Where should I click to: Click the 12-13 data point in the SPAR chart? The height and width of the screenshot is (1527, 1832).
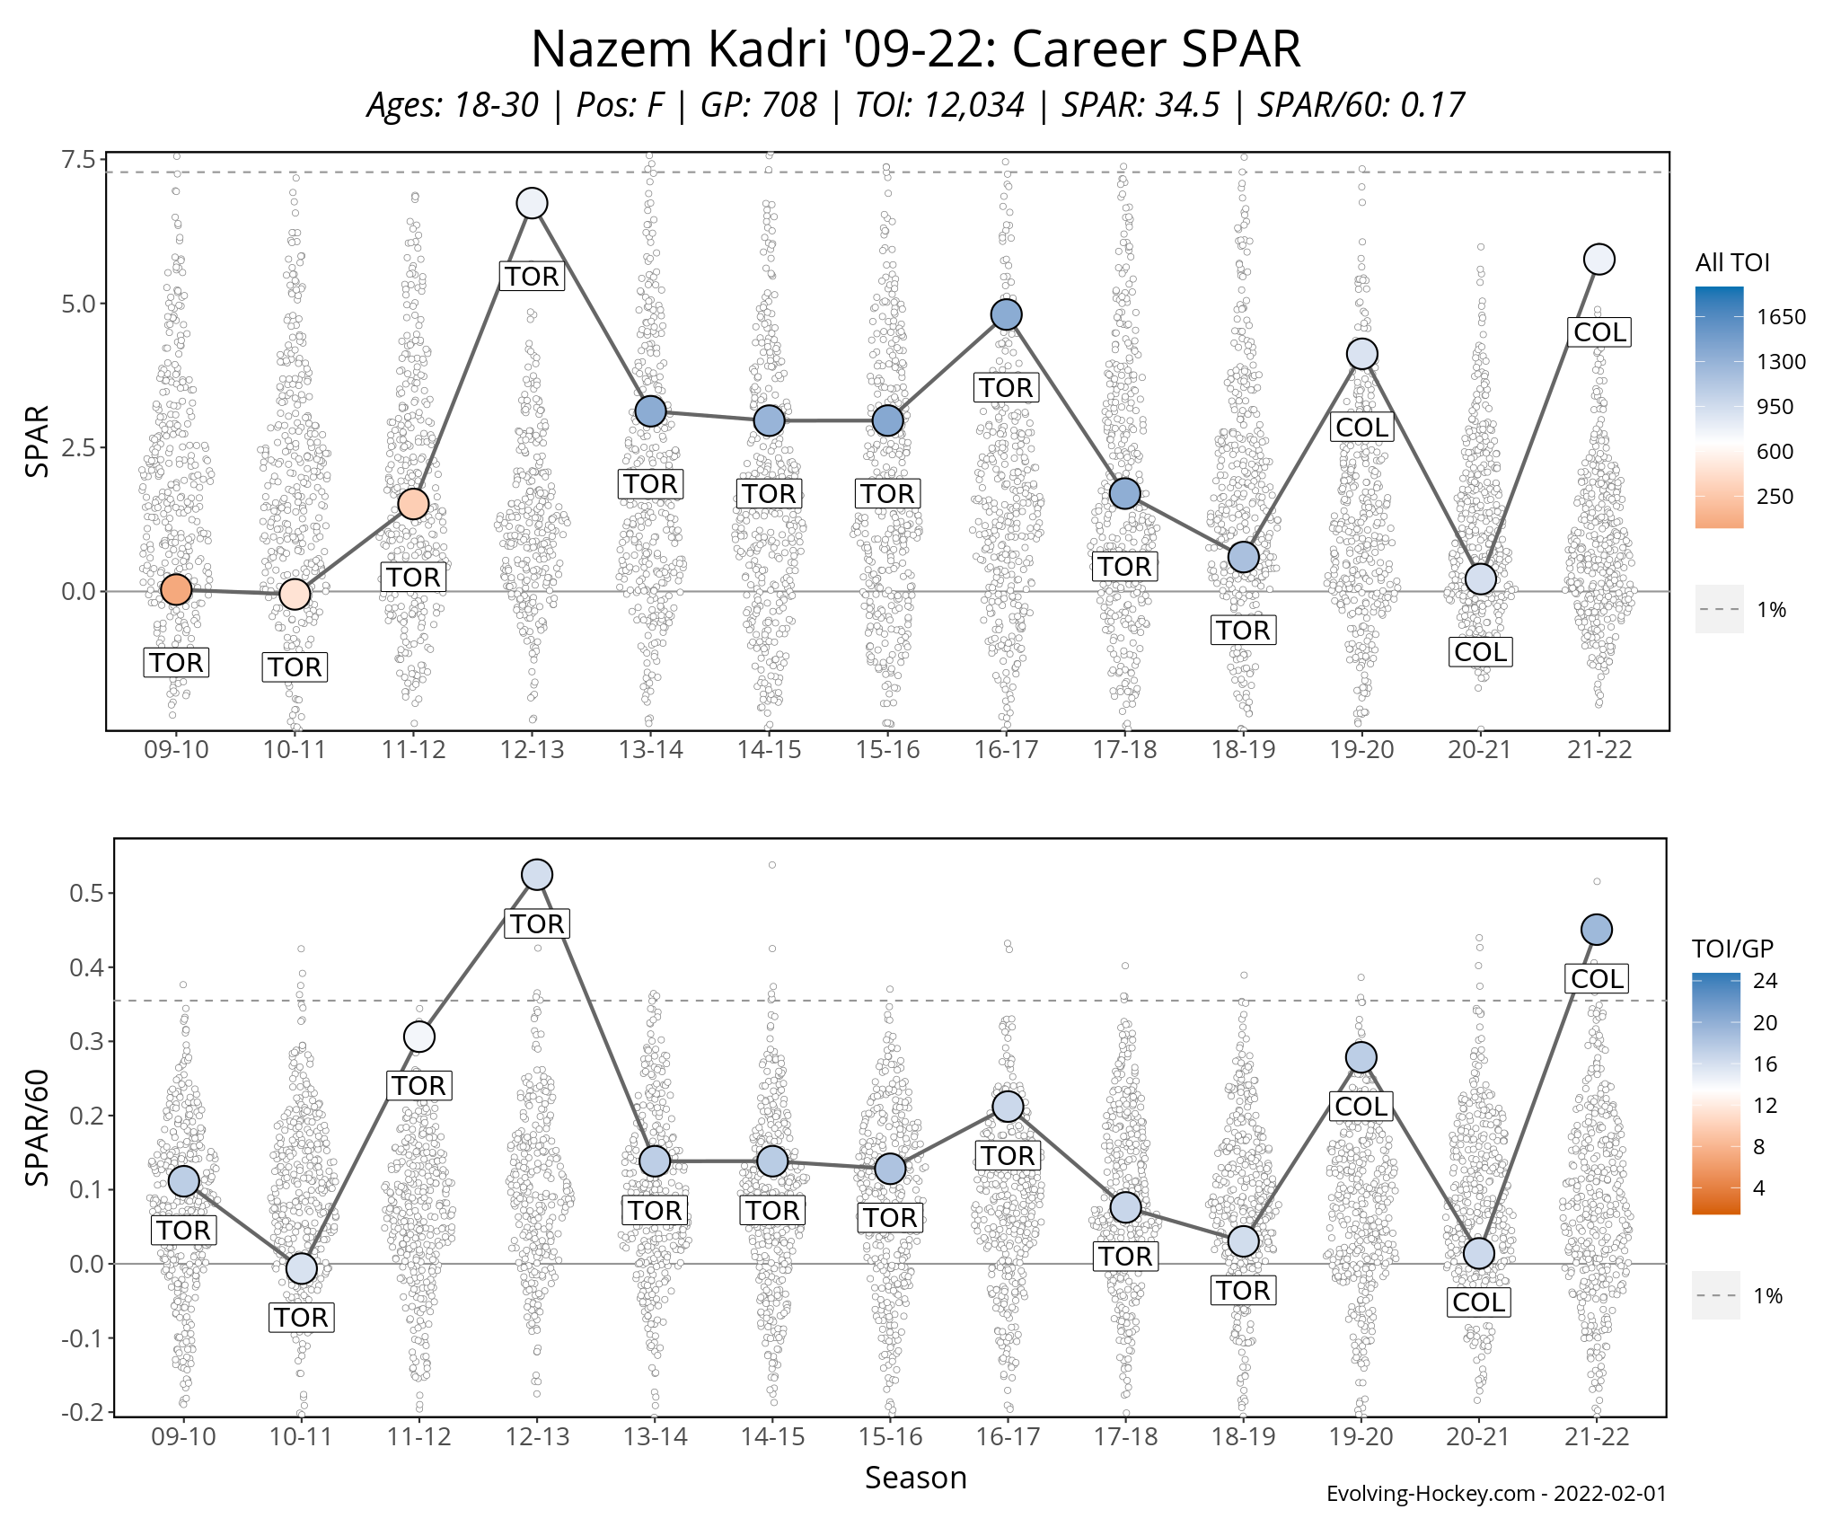[x=532, y=204]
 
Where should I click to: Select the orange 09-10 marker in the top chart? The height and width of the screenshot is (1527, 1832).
[x=176, y=590]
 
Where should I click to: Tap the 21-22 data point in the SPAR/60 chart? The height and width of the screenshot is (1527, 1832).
[x=1596, y=930]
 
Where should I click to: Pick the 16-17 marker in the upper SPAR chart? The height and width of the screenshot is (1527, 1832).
[x=1006, y=315]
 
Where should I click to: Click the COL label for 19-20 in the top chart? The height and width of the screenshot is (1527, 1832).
[x=1361, y=428]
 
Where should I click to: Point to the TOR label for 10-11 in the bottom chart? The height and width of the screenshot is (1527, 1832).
[x=301, y=1318]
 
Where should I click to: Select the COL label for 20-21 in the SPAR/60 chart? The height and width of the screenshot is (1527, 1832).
[x=1478, y=1302]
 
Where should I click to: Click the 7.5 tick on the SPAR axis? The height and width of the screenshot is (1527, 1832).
[x=78, y=160]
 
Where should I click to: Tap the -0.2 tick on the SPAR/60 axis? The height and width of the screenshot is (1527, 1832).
[x=82, y=1412]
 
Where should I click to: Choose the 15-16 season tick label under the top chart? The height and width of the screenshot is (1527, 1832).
[x=887, y=750]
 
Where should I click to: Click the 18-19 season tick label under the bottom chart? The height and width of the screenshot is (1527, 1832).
[x=1243, y=1437]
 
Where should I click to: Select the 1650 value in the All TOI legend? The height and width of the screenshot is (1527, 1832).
[x=1781, y=317]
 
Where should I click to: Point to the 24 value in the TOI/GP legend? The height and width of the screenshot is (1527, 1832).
[x=1765, y=981]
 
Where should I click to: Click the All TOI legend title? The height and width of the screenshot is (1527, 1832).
[x=1731, y=263]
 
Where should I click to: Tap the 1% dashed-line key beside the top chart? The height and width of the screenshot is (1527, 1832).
[x=1720, y=610]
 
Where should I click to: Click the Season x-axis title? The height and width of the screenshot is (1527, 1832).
[x=915, y=1478]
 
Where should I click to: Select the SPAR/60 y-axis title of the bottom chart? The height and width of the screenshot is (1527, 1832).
[x=37, y=1127]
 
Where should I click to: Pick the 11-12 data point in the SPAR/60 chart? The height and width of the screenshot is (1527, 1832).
[x=418, y=1037]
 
